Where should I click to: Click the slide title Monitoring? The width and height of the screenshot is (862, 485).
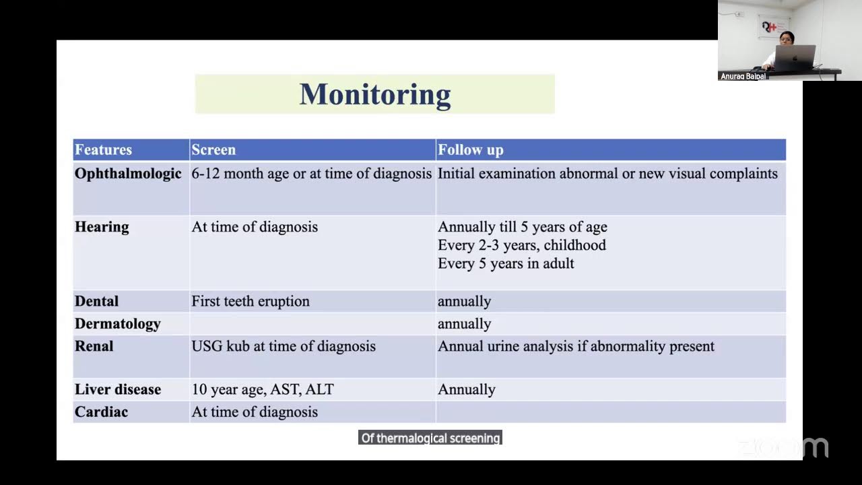coord(374,94)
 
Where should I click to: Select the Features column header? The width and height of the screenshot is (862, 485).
coord(103,150)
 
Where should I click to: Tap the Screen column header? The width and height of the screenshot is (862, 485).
coord(213,150)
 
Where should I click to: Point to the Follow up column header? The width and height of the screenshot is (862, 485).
coord(470,150)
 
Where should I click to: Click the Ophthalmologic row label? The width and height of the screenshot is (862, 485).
coord(128,174)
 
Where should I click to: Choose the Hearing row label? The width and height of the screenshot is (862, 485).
coord(102,227)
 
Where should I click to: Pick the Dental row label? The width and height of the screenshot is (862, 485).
coord(96,301)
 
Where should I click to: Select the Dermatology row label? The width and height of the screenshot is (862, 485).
coord(118,324)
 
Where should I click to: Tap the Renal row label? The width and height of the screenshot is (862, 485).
coord(94,346)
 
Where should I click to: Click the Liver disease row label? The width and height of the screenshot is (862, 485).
coord(118,389)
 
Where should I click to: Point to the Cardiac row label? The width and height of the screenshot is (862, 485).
coord(101,412)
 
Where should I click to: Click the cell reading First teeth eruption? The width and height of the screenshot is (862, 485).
coord(251,301)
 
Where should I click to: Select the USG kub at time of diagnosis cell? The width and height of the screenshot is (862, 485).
coord(284,346)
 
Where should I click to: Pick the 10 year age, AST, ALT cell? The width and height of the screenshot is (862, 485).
coord(263,389)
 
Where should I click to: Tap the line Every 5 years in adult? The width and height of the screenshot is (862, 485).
coord(506,263)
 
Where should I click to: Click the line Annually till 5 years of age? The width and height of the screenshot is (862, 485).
coord(523,227)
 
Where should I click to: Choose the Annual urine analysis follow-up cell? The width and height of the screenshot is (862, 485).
coord(576,346)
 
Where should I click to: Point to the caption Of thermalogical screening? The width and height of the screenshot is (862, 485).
coord(430,438)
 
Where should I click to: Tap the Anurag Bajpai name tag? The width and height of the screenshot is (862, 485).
coord(743,76)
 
